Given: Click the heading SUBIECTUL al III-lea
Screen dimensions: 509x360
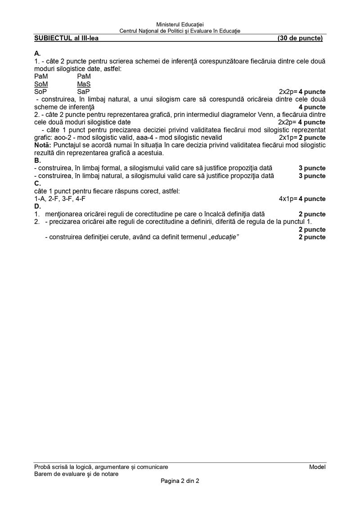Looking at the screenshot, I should [x=66, y=38].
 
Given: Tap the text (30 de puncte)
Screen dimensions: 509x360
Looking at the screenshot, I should [x=300, y=38].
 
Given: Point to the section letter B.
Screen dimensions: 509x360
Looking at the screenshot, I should [x=37, y=161].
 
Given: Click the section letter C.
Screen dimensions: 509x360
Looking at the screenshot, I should [x=37, y=183].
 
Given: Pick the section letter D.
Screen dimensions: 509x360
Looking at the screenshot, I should [x=37, y=206].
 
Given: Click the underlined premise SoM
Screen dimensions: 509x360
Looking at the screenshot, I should [x=41, y=84].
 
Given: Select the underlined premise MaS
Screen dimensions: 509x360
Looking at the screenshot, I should [x=84, y=84].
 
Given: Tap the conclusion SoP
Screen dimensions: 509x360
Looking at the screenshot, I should [x=40, y=92].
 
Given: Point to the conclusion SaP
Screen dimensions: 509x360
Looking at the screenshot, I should [x=83, y=92].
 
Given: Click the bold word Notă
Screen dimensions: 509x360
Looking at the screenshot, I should [x=43, y=145].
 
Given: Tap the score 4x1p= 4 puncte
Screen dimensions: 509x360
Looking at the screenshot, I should [x=302, y=199].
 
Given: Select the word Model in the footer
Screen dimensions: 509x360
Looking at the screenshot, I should [x=317, y=467].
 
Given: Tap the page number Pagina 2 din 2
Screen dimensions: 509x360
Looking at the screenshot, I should [x=180, y=481].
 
